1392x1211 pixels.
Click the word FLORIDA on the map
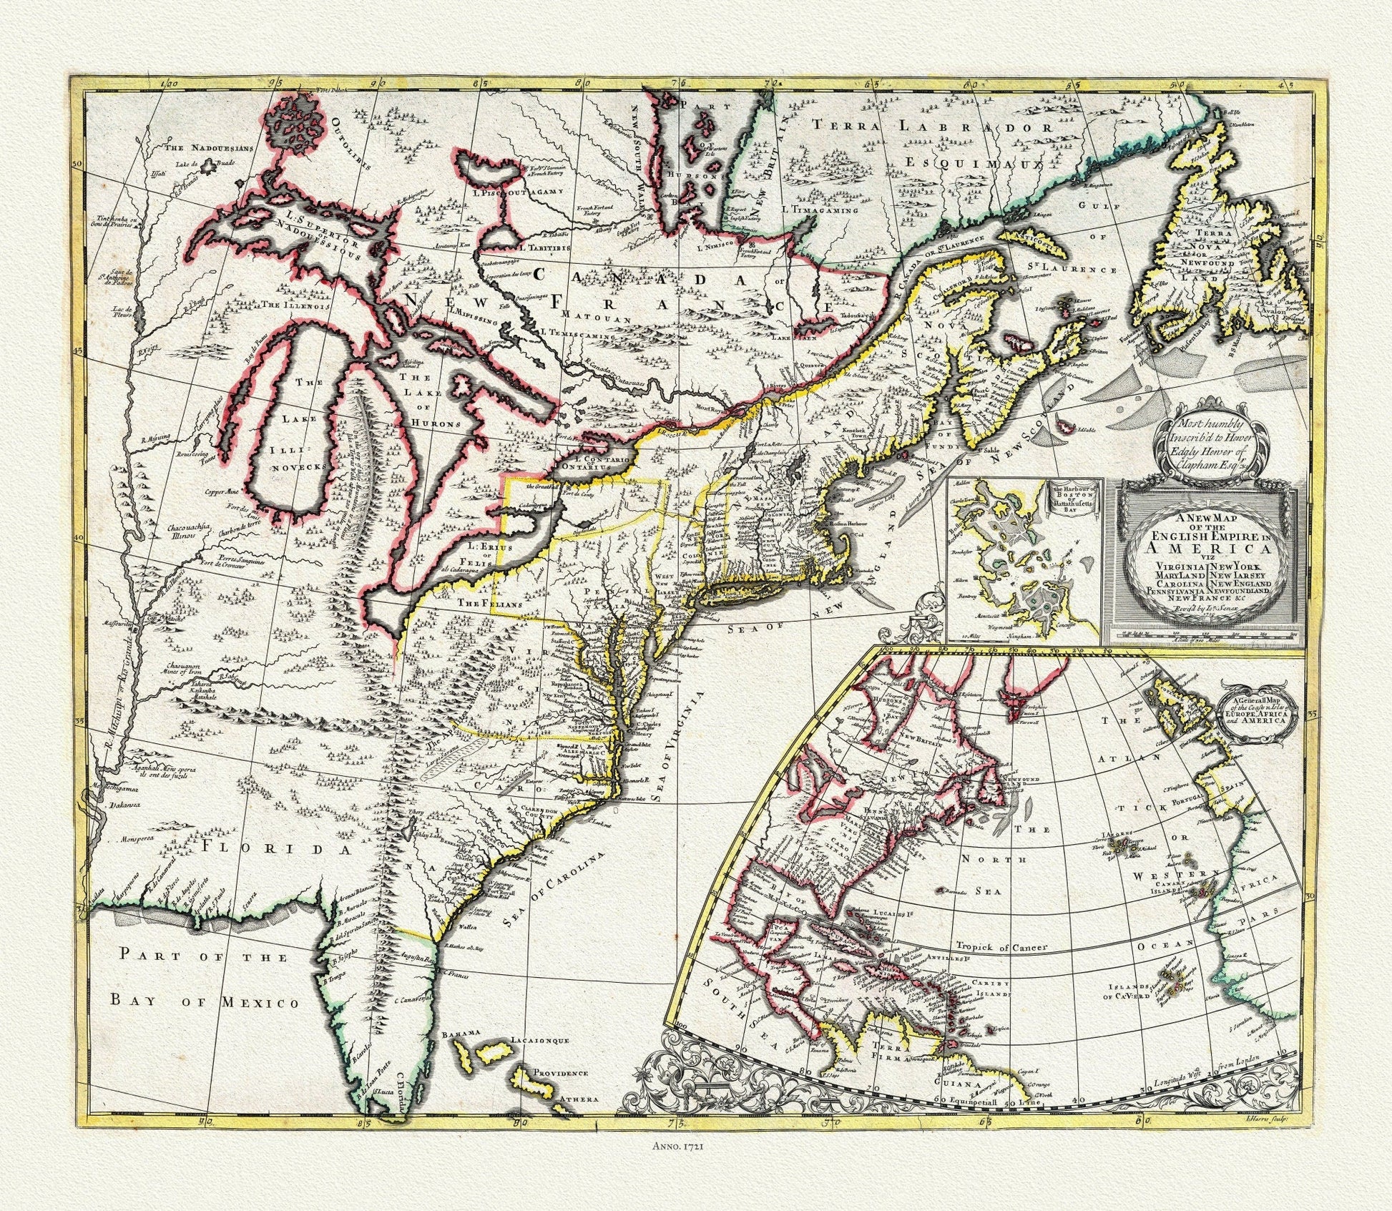click(278, 848)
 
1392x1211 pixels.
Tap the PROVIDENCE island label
click(559, 1093)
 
